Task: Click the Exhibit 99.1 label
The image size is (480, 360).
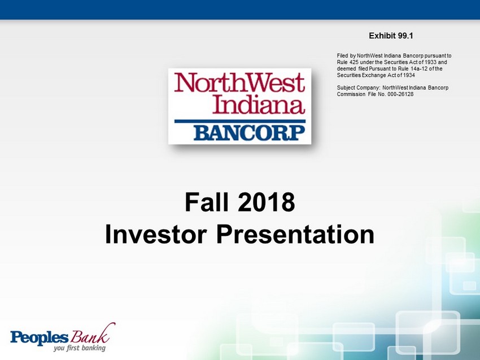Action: [x=391, y=36]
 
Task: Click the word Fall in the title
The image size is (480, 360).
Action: [x=207, y=202]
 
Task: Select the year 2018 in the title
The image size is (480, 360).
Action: [x=267, y=202]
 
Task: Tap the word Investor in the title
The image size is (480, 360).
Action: [x=156, y=234]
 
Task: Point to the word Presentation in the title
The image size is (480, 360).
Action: [x=295, y=234]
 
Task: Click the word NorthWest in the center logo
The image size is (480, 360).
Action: [x=239, y=82]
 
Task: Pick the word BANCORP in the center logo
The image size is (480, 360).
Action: [x=249, y=133]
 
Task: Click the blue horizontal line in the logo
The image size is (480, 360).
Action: [x=239, y=121]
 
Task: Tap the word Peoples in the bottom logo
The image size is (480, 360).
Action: [x=39, y=337]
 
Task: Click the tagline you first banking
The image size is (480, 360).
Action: [x=79, y=348]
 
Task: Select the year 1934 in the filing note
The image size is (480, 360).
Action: [x=409, y=75]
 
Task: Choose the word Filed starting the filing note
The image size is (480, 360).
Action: [x=343, y=56]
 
